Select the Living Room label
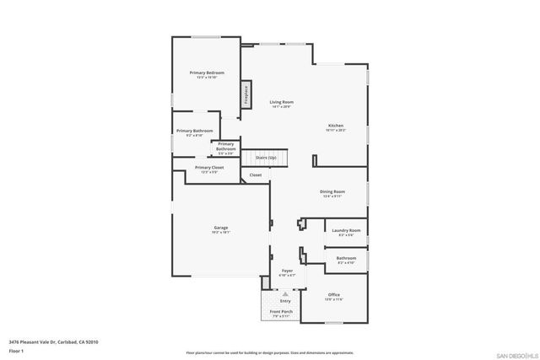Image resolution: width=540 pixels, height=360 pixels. point(281,102)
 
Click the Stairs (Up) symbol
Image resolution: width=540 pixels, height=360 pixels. point(267,158)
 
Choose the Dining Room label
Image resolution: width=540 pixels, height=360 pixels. point(332,191)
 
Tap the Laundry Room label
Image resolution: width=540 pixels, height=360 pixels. point(346,230)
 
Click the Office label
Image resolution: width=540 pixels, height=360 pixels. point(334,295)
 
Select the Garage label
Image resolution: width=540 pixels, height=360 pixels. point(220,228)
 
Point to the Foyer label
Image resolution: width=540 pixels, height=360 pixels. point(287,271)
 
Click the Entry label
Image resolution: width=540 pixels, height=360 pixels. point(285,300)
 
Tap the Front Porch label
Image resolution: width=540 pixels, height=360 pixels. point(281,312)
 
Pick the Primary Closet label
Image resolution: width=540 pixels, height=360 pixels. point(208,168)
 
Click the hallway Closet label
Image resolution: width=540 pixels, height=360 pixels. point(255,175)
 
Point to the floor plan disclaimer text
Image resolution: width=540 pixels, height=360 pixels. point(270,352)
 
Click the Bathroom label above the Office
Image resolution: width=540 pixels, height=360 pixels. point(346,259)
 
